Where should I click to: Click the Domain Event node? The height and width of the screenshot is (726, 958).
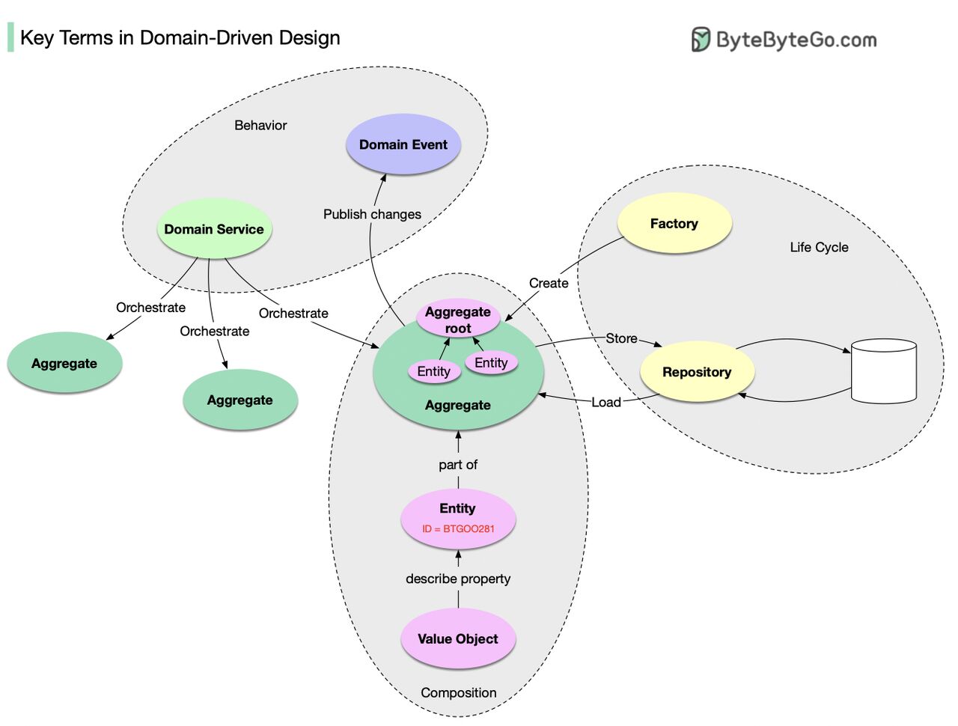(403, 144)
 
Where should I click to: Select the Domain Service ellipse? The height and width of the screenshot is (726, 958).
(214, 229)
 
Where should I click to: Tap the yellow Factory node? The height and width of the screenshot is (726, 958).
(674, 223)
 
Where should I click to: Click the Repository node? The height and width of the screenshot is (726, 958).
(697, 372)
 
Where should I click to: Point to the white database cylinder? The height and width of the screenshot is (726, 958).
(884, 372)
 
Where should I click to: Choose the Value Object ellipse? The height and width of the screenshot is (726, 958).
(457, 638)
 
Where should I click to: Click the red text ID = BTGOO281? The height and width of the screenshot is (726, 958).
(458, 528)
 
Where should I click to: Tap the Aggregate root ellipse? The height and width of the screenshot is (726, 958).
(457, 320)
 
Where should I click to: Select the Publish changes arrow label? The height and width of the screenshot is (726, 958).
(372, 214)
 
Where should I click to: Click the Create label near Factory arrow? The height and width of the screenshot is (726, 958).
(549, 283)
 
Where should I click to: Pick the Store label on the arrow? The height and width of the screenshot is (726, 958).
(621, 338)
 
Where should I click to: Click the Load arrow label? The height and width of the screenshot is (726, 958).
(606, 402)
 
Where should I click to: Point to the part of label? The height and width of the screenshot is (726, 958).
(458, 465)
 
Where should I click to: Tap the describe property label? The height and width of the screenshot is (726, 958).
(458, 579)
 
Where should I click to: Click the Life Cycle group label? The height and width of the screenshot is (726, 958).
(819, 247)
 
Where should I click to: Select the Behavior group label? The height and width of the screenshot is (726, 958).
(260, 125)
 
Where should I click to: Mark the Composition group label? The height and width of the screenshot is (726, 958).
(458, 692)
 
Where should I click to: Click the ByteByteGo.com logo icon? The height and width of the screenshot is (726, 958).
(701, 39)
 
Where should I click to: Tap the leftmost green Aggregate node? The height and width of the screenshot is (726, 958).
(64, 363)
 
